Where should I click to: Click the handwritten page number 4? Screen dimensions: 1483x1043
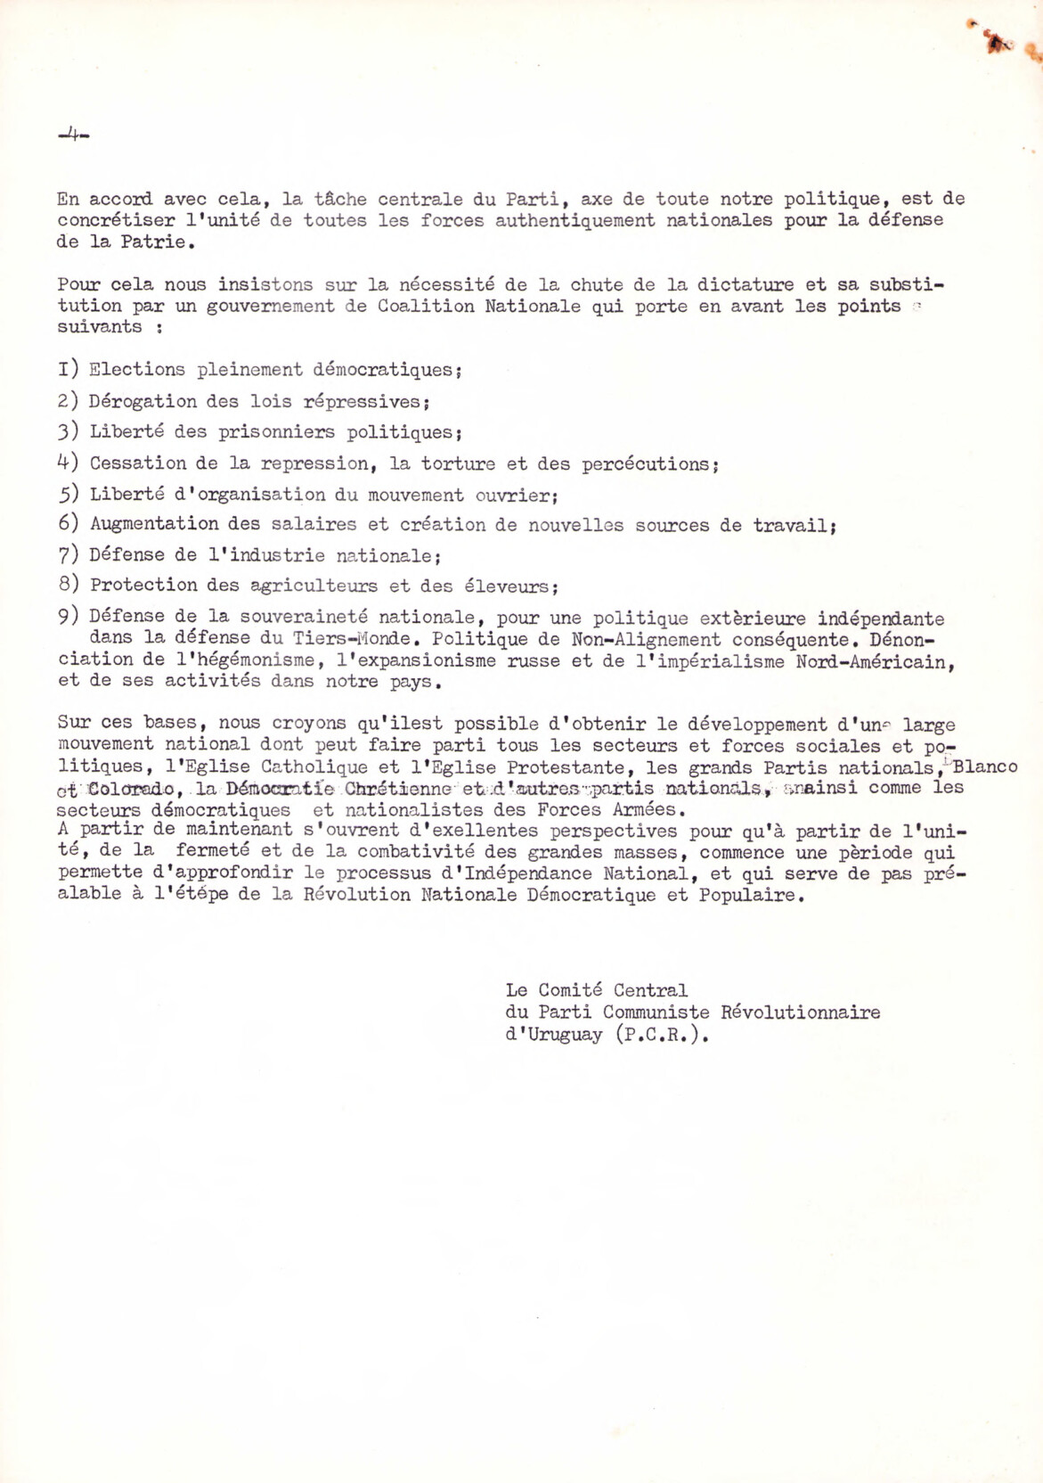point(72,135)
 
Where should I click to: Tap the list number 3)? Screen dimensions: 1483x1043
point(68,432)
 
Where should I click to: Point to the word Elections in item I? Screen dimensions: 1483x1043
point(137,369)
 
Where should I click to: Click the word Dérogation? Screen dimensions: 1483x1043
point(142,401)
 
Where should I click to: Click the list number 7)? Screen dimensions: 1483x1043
point(68,555)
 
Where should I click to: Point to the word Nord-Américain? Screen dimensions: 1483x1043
point(875,661)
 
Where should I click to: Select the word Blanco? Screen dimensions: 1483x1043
point(985,766)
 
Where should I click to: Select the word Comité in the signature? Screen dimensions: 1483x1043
point(570,990)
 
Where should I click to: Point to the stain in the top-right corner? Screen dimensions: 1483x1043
point(998,41)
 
